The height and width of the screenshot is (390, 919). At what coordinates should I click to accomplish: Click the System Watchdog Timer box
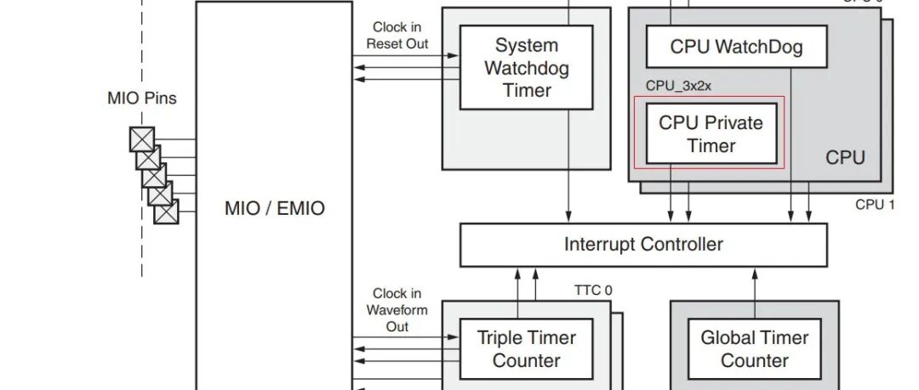pos(526,68)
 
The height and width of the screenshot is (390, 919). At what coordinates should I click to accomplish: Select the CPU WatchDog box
pos(736,47)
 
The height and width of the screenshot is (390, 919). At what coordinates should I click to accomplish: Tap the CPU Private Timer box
pos(711,134)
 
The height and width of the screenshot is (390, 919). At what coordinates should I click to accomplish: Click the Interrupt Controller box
pos(643,245)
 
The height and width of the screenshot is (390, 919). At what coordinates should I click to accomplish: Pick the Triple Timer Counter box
pos(526,348)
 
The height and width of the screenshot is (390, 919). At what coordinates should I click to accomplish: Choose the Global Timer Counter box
pos(754,348)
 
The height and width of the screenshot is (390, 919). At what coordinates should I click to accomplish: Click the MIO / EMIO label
pos(274,208)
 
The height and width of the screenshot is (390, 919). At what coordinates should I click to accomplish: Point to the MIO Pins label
pos(142,99)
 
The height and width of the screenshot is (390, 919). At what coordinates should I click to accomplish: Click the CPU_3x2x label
pos(677,86)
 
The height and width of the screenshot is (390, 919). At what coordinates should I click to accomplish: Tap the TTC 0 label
pos(593,291)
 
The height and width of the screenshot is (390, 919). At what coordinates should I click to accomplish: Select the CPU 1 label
pos(875,205)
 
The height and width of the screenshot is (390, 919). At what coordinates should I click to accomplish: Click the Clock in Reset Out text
pos(397,36)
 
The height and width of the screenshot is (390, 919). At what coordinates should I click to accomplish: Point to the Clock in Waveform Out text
pos(397,310)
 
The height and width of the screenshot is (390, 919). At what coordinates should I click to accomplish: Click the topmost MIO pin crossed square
pos(141,138)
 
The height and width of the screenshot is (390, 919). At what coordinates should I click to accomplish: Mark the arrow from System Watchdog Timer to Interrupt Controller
pos(568,195)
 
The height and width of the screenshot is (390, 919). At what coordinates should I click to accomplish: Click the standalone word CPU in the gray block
pos(845,158)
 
